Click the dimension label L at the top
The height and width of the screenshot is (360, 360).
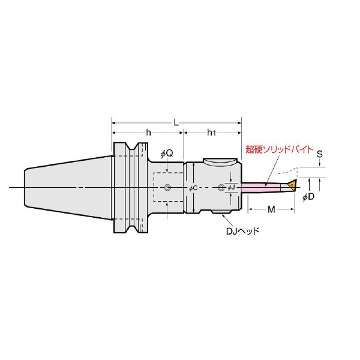coord(176,123)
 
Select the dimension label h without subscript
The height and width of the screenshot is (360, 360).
coord(149,133)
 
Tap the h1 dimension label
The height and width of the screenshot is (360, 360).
coord(211,133)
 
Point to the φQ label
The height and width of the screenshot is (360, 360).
coord(167,154)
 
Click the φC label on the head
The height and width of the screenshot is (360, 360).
coord(193,188)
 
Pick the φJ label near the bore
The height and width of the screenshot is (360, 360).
coord(231,188)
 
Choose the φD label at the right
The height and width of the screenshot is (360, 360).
coord(308,197)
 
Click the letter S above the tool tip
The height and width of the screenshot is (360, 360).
coord(320,154)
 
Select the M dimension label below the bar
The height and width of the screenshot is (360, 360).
coord(271,209)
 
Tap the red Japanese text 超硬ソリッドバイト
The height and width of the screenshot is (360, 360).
coord(280,149)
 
